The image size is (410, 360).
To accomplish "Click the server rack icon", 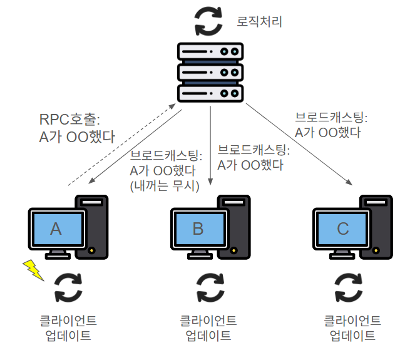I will click(210, 74).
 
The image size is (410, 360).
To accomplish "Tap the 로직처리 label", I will click(260, 23).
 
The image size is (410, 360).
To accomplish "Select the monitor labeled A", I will click(56, 230).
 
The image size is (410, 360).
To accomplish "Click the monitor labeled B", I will click(198, 230).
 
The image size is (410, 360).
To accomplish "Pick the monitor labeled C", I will click(342, 230).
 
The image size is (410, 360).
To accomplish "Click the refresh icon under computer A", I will click(68, 287).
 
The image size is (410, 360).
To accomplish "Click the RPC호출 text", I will click(69, 119).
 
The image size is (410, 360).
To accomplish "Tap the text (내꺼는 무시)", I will click(163, 185).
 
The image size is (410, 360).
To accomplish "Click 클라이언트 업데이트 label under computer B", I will click(208, 327).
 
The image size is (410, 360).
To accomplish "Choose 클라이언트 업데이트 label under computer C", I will click(352, 327).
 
